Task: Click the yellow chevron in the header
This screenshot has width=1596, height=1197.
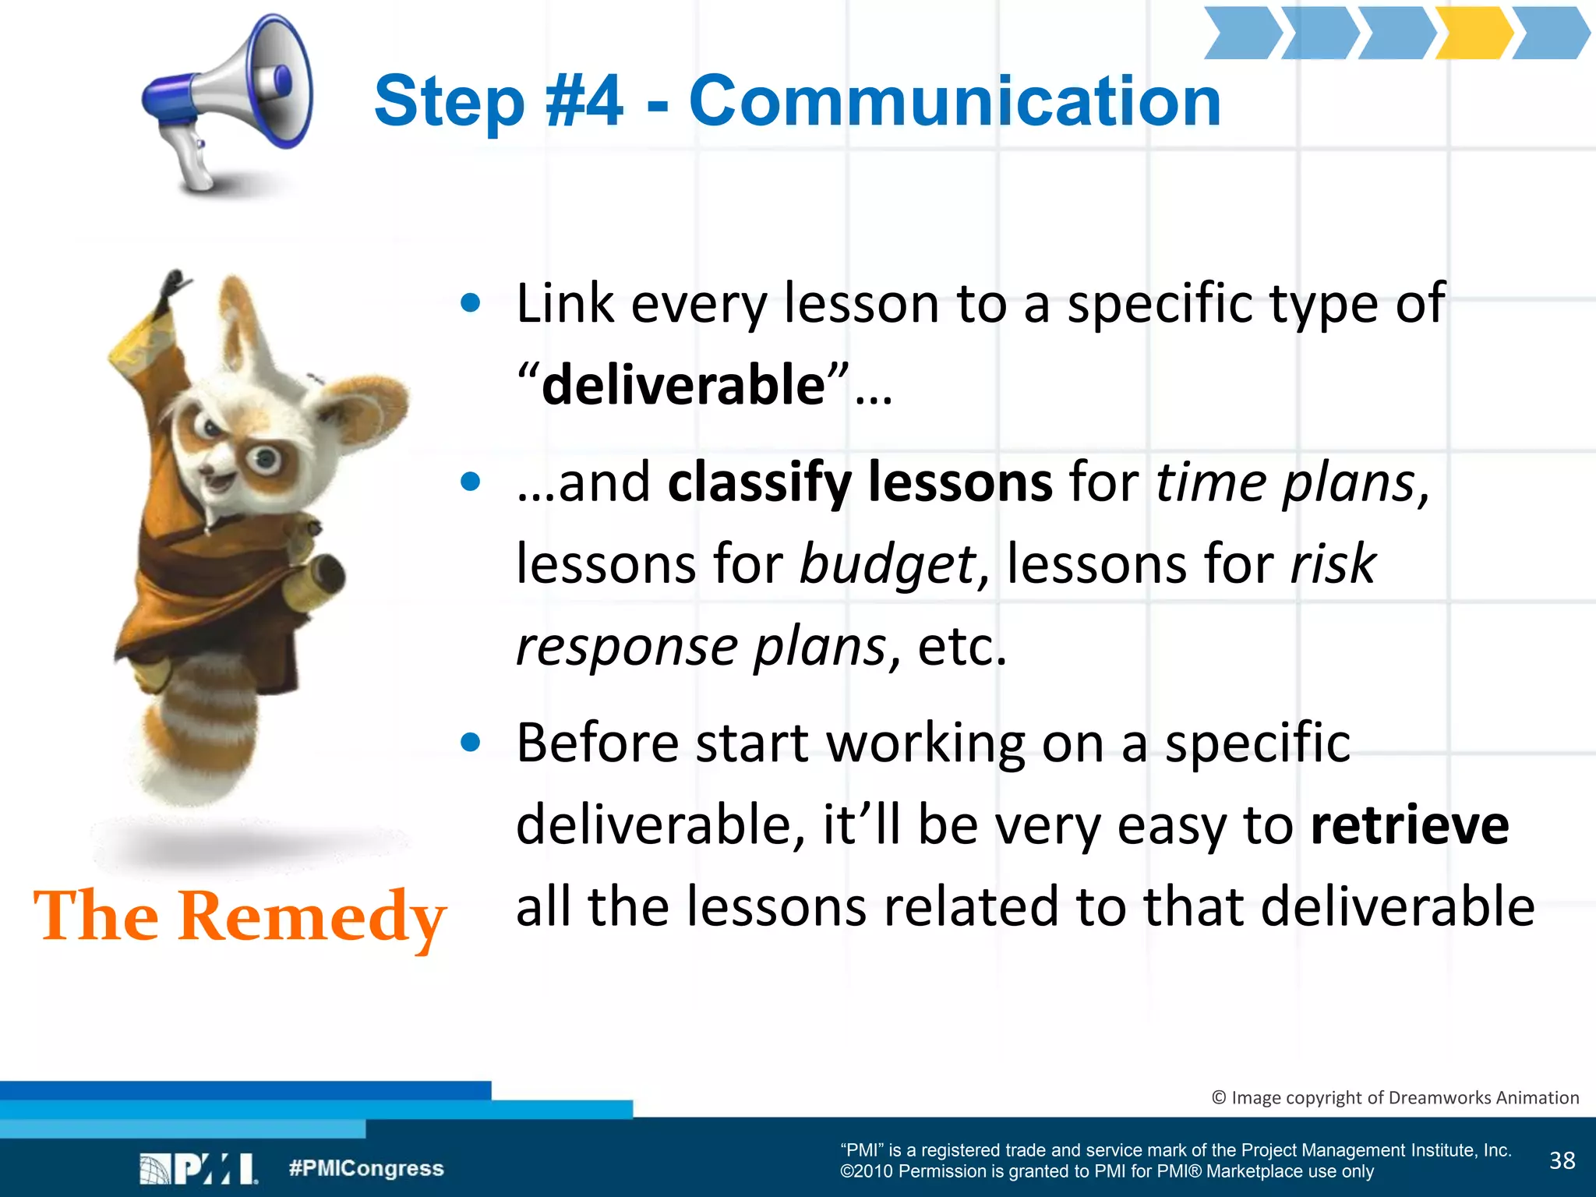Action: point(1473,34)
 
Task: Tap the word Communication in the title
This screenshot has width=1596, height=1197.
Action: point(955,101)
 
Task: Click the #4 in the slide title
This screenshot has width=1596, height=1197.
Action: point(584,101)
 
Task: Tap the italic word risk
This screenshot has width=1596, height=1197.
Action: point(1333,563)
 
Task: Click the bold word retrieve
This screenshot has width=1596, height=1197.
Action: point(1410,826)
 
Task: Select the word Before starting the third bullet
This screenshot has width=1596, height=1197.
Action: point(597,743)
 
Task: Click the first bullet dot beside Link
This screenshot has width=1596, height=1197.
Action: point(470,303)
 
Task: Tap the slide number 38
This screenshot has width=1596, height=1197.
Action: point(1562,1160)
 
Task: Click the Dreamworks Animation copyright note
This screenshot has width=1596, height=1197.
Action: point(1395,1098)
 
